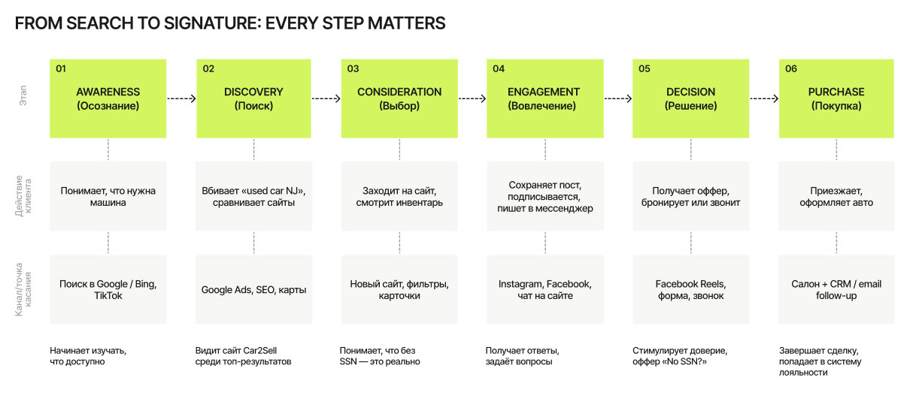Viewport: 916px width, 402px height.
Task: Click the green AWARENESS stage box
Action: [x=108, y=98]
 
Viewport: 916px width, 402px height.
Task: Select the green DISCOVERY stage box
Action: [x=253, y=98]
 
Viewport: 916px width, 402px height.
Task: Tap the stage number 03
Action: [x=353, y=68]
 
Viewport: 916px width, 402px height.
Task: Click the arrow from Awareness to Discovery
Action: [x=181, y=98]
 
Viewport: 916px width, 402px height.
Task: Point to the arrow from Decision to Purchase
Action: [x=763, y=98]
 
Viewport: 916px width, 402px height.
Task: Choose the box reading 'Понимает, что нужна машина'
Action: [x=108, y=196]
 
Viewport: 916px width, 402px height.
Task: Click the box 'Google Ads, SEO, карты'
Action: [x=253, y=289]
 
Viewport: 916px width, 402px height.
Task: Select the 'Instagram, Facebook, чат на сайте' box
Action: [x=544, y=289]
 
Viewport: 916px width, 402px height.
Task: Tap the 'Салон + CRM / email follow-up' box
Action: [x=836, y=289]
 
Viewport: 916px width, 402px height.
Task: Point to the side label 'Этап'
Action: [x=24, y=99]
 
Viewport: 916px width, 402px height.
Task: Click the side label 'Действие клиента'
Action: [x=24, y=196]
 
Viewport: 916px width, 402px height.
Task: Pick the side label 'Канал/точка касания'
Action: [x=24, y=290]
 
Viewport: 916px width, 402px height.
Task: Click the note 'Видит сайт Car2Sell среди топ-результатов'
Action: [x=242, y=356]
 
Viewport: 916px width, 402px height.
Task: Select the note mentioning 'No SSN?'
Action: [x=680, y=356]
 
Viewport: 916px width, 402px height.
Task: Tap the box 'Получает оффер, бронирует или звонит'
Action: [x=690, y=196]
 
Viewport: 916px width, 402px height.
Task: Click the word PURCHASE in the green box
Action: [x=836, y=92]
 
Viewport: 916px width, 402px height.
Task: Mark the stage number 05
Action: [x=644, y=68]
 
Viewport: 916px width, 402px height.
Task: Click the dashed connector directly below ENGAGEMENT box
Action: [x=544, y=150]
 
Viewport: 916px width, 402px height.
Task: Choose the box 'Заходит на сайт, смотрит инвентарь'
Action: [x=399, y=196]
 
